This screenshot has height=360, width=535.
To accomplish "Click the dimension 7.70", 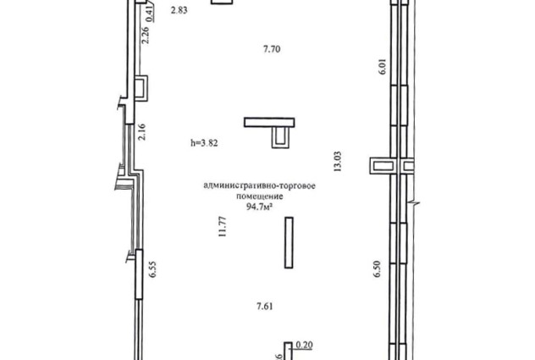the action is click(272, 49).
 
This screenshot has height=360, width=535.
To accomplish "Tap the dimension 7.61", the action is click(265, 307).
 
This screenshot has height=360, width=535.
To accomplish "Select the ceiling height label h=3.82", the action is click(204, 143).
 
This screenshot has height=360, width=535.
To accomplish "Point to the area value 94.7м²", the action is click(259, 207).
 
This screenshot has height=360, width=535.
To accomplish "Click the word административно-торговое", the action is click(259, 186).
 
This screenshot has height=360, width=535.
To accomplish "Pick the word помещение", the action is click(260, 197).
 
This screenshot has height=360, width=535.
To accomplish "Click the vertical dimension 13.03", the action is click(338, 161).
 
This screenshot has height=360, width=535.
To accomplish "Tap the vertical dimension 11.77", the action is click(223, 227).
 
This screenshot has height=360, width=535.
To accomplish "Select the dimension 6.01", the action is click(382, 67).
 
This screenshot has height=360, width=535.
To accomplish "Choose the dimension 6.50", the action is click(377, 269).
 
